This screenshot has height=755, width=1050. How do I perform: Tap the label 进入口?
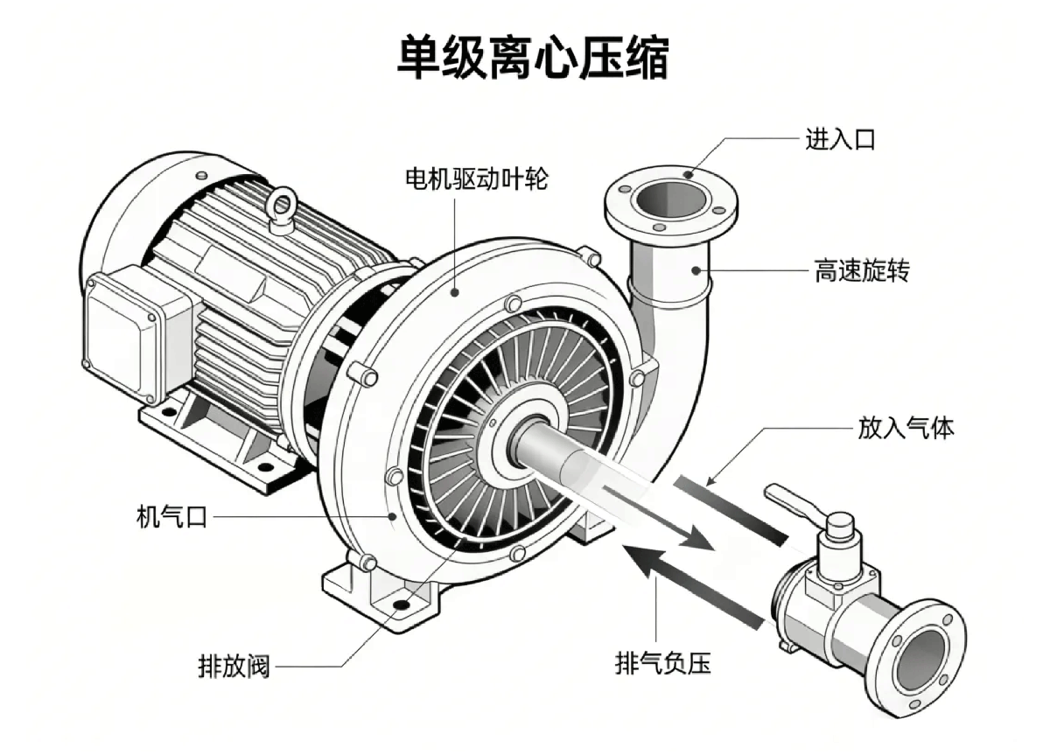coord(840,138)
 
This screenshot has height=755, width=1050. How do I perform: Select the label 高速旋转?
coord(862,271)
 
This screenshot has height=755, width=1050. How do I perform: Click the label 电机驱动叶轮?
coord(476,179)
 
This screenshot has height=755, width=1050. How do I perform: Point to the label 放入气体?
coord(905,429)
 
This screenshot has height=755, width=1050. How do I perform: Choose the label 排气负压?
coord(663,664)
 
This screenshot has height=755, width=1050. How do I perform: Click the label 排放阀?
coord(234,668)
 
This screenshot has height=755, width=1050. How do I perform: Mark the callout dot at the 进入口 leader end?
coord(689,173)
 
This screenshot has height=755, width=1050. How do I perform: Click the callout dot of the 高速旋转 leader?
coord(697,270)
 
